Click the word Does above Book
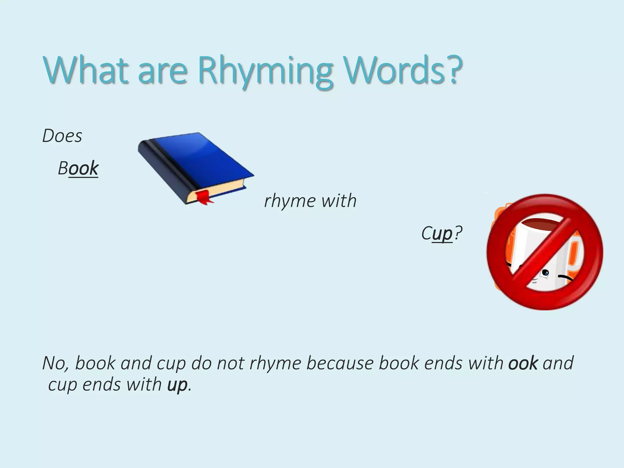[62, 136]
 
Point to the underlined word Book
[78, 168]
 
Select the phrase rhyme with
[310, 201]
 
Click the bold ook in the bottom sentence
[523, 363]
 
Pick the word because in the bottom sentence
[340, 363]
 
